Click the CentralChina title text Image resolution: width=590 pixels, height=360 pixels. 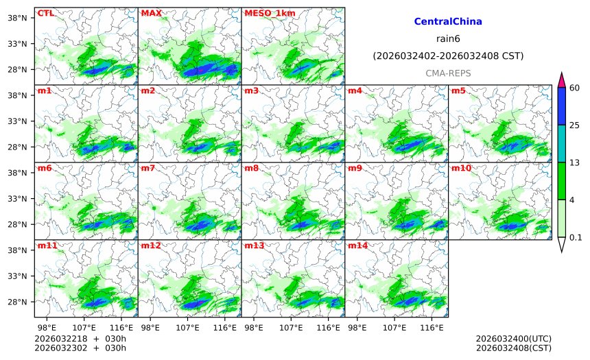(x=448, y=22)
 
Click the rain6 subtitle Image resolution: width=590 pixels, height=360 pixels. (x=448, y=38)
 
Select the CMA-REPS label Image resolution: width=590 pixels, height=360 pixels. (x=448, y=73)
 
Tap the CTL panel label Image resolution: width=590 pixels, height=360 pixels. (x=45, y=13)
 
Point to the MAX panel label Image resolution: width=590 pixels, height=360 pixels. (x=151, y=13)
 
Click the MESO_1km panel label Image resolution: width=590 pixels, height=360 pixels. (x=265, y=13)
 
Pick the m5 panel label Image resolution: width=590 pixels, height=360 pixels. (x=458, y=91)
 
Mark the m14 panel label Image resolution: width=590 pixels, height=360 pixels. (x=357, y=245)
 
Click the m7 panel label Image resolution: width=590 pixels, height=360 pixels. (x=147, y=168)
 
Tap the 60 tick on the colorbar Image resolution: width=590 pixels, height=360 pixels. (x=574, y=88)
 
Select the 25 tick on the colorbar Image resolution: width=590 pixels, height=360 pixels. (x=574, y=125)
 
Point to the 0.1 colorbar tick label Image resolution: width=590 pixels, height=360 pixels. (x=576, y=237)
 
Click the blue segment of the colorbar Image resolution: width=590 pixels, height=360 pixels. (x=561, y=106)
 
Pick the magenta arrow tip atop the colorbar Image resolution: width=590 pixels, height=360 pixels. (x=561, y=80)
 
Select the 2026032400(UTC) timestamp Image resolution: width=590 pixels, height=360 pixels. (x=513, y=339)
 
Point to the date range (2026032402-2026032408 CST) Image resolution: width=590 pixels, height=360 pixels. (x=448, y=56)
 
